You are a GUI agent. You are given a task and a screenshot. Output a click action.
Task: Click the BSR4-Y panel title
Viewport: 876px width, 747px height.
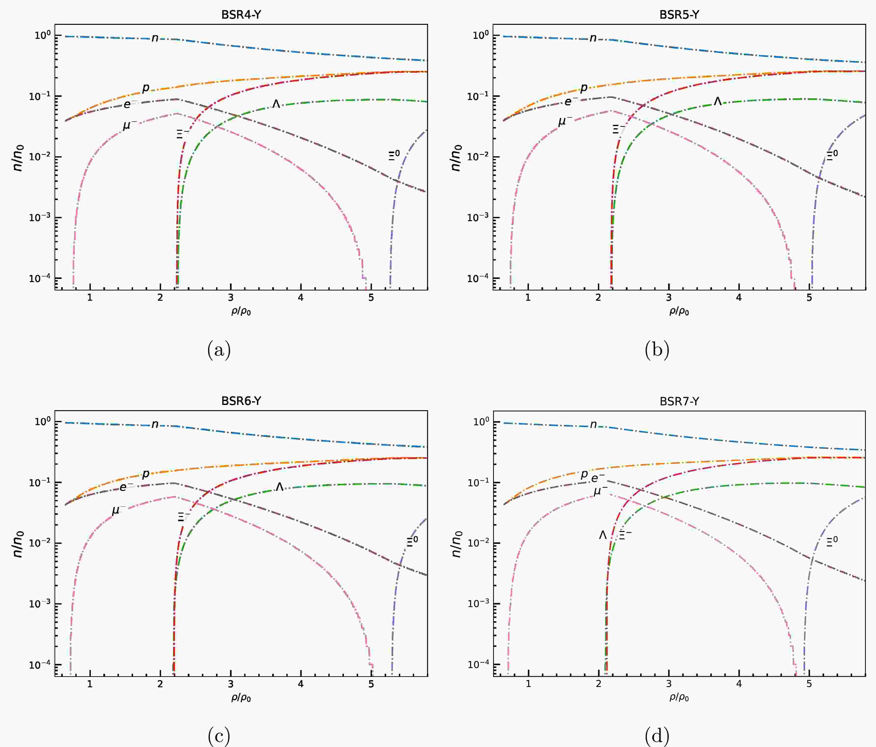click(241, 14)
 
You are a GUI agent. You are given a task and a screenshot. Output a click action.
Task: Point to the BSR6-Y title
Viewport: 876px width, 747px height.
click(241, 401)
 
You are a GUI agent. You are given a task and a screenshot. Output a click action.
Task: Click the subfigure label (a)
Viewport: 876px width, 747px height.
click(219, 350)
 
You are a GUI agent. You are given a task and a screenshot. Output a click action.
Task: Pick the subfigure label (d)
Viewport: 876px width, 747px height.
click(657, 736)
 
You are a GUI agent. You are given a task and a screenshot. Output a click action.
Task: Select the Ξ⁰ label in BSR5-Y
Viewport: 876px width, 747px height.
click(832, 155)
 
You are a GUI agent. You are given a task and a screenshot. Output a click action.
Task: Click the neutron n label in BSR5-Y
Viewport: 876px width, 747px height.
click(593, 38)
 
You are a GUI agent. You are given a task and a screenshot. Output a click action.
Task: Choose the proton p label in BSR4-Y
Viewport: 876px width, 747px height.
click(146, 88)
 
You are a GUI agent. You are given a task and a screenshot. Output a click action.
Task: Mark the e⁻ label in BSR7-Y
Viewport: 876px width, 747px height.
click(598, 478)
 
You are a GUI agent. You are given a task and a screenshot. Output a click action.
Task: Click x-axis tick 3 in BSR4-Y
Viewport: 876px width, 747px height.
click(230, 298)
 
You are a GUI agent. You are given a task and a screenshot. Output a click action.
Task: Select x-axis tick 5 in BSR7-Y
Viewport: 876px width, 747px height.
click(809, 684)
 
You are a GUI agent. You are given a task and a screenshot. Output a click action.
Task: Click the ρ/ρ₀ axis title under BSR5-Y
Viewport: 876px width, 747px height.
click(679, 312)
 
